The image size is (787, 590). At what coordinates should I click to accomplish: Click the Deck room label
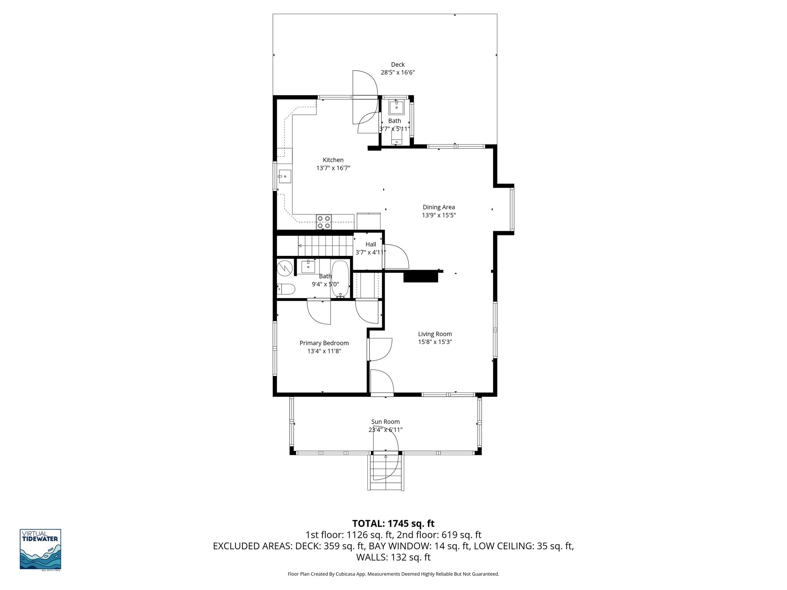(x=398, y=65)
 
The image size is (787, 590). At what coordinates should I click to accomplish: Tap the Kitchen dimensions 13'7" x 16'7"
(x=333, y=168)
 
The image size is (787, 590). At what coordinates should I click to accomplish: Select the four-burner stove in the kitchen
(x=324, y=222)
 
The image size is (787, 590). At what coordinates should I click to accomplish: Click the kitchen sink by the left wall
(x=285, y=177)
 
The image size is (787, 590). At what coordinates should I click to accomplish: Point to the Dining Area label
(x=438, y=207)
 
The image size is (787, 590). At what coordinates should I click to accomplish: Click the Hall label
(x=370, y=244)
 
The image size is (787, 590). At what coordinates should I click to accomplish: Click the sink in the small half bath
(x=396, y=107)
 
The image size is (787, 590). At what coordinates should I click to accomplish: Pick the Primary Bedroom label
(x=324, y=343)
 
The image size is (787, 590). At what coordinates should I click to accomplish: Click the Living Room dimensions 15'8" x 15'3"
(x=435, y=342)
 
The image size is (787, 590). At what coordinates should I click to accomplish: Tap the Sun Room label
(x=385, y=422)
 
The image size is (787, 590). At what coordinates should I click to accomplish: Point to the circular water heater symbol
(x=285, y=268)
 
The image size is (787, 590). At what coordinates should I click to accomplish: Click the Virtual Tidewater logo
(x=40, y=549)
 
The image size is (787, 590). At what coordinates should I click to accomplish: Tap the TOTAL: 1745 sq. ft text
(x=393, y=523)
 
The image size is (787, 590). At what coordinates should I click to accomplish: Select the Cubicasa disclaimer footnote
(x=393, y=574)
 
